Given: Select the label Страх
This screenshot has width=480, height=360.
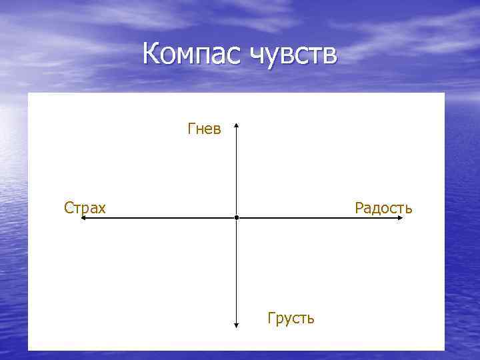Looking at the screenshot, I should point(85,208).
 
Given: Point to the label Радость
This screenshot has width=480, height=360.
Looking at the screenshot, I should point(383,208).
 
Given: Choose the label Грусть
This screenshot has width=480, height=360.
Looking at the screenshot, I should point(291,318).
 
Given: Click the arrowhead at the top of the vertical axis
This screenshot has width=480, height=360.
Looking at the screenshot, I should point(237,125).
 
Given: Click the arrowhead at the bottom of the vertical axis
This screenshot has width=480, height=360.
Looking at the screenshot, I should point(237,325).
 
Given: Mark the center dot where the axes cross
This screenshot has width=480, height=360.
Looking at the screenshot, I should point(237,218).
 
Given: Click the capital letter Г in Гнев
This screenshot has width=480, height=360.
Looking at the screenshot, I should point(192,129).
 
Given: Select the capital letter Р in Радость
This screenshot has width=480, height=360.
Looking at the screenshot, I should point(359,208).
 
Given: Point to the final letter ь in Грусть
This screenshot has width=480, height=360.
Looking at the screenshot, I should point(311,319).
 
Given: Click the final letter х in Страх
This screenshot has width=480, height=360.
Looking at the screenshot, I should point(101,209).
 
